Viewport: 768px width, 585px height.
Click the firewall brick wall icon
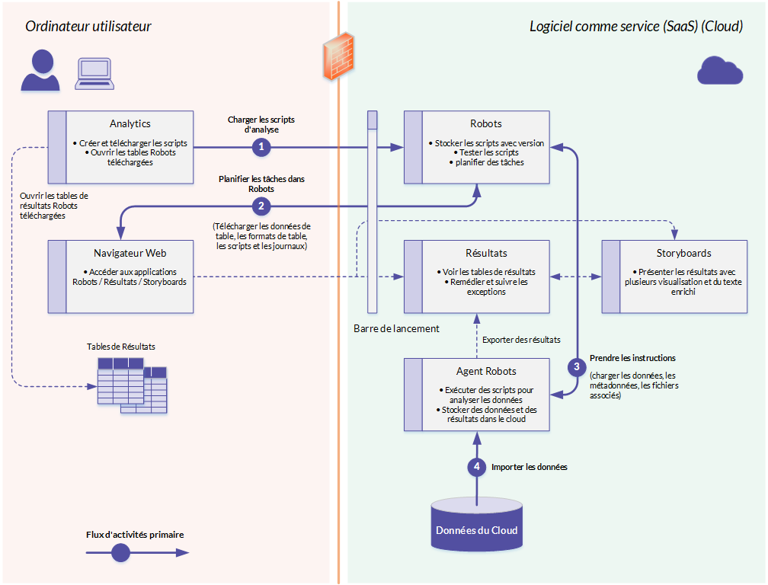pos(338,56)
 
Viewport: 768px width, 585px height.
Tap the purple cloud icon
pos(719,71)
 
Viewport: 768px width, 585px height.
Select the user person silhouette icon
pos(40,70)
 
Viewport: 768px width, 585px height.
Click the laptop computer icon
pos(94,74)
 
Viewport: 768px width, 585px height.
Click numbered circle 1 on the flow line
pos(261,146)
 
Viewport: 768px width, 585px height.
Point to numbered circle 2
pos(261,206)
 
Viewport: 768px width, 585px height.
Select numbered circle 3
pos(577,366)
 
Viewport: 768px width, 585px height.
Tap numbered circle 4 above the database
pos(477,466)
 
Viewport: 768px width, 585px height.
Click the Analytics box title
pos(130,123)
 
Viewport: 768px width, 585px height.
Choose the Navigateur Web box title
pos(130,253)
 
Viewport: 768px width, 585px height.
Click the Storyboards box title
pos(683,253)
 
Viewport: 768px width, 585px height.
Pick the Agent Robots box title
pos(486,371)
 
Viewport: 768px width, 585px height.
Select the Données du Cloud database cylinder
pos(477,524)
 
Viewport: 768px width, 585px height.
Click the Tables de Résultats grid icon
pos(133,385)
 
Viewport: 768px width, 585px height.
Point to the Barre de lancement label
pos(396,328)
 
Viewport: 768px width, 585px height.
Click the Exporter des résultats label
pos(521,340)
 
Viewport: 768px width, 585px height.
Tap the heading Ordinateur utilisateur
pos(88,27)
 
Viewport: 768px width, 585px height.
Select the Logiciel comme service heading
pos(636,27)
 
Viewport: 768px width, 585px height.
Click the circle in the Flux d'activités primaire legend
pos(120,553)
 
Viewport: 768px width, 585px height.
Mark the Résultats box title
pos(486,253)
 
